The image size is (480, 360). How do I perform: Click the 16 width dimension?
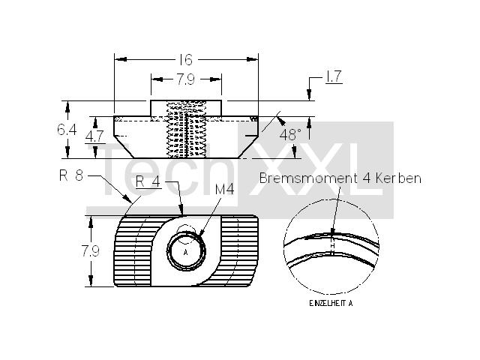click(x=186, y=60)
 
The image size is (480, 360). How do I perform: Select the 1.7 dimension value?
click(x=333, y=76)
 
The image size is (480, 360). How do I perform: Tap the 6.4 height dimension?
click(x=67, y=130)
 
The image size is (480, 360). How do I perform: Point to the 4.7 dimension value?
click(x=95, y=136)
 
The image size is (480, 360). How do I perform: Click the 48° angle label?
click(x=290, y=135)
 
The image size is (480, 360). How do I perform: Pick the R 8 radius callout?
click(x=71, y=175)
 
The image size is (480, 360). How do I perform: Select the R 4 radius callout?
click(x=148, y=181)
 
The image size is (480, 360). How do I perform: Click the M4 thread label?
click(x=225, y=190)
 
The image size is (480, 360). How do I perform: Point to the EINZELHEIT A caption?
click(x=331, y=303)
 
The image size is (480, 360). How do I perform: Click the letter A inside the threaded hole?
click(x=185, y=253)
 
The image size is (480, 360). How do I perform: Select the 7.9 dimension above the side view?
click(x=185, y=79)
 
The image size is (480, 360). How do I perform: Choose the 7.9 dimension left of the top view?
click(x=90, y=251)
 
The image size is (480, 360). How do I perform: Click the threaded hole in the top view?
click(x=186, y=251)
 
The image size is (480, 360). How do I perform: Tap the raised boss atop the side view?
click(x=186, y=108)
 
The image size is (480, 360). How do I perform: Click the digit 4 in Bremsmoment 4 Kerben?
click(x=367, y=178)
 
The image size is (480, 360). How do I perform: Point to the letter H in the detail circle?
click(x=333, y=245)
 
